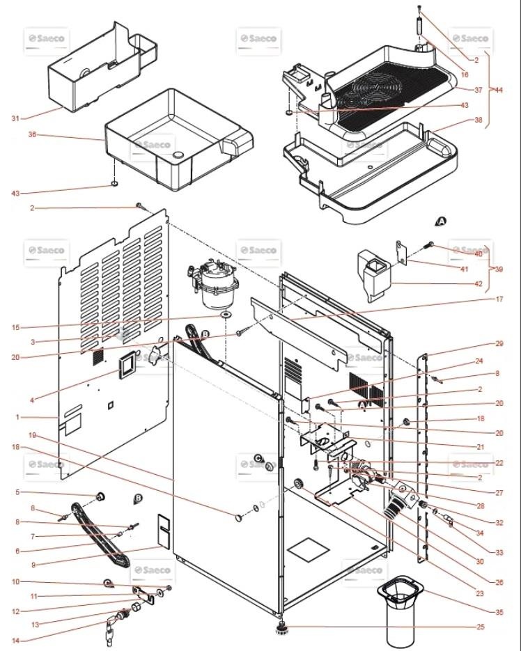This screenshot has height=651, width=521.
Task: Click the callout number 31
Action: point(15,118)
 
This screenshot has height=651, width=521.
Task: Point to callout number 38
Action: point(479,120)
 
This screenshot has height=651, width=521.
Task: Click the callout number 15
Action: point(15,327)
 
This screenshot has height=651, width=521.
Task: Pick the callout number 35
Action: point(479,612)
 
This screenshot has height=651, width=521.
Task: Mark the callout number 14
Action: point(15,640)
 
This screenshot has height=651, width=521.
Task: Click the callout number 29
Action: point(480,344)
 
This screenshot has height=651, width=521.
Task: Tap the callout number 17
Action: point(480,299)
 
